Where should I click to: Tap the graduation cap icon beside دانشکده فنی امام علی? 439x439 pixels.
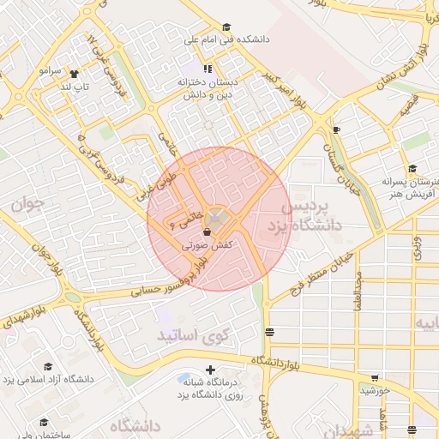click(x=226, y=27)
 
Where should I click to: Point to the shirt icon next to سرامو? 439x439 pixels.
click(x=74, y=74)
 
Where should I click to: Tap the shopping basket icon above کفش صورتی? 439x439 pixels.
click(x=207, y=232)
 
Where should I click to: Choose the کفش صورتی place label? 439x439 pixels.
click(x=207, y=245)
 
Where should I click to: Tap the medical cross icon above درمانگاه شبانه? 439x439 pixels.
click(x=210, y=370)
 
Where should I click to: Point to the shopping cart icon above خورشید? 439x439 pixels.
click(x=375, y=378)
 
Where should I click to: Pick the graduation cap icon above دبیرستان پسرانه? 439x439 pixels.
click(x=412, y=169)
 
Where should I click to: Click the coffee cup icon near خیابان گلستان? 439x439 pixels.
click(x=336, y=129)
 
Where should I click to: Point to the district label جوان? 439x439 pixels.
click(x=27, y=206)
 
